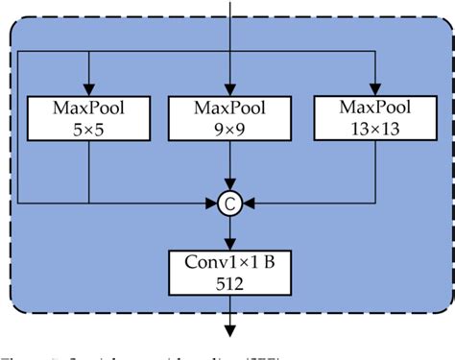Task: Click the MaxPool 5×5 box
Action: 88,117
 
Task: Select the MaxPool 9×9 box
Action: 230,117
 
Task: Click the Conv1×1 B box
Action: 230,272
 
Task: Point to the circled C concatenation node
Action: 230,203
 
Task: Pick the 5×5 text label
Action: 88,128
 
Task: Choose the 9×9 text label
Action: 230,128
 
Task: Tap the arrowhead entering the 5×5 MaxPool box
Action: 88,88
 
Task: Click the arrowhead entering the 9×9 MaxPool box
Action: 230,88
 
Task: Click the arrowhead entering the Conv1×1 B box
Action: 230,244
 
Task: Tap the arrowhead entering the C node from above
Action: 230,186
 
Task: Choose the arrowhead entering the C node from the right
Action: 248,203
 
